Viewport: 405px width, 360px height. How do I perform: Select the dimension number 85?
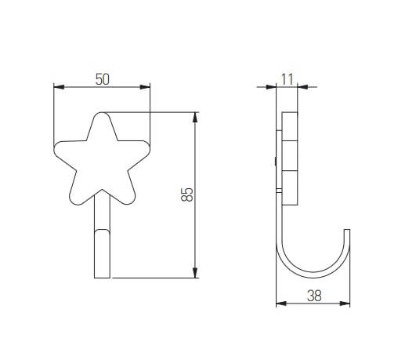tap(186, 195)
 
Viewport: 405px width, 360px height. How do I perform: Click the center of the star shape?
tap(103, 161)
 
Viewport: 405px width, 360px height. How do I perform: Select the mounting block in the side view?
tap(289, 157)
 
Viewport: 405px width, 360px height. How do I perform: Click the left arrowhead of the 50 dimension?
tap(56, 86)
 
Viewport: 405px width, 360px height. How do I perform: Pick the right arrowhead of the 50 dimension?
tap(147, 86)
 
